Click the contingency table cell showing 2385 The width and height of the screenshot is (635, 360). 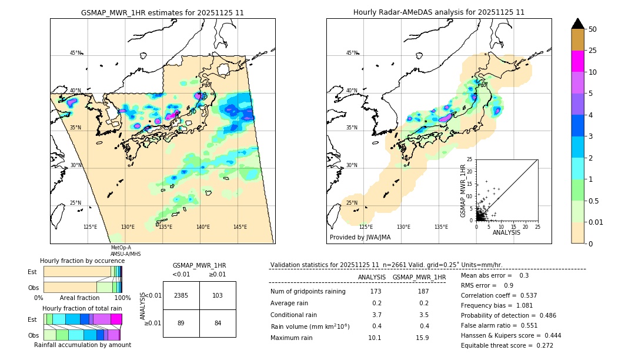181,295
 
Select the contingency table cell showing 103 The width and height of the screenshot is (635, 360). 218,295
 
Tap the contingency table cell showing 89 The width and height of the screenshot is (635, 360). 181,322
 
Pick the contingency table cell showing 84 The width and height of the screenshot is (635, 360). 218,322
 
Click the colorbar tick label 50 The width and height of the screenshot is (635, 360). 593,29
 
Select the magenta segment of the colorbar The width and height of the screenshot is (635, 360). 578,61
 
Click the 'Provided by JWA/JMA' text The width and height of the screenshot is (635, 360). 360,238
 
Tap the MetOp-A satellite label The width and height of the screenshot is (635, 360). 121,248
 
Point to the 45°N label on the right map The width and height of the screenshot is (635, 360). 352,53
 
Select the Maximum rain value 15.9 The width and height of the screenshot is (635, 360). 422,338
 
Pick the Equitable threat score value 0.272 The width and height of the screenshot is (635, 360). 542,345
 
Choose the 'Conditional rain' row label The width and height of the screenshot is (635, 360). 294,315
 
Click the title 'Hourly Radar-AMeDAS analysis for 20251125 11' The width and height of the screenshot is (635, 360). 439,12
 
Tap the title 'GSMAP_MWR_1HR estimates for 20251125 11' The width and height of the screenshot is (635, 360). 162,12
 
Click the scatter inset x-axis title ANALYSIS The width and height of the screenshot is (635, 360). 506,232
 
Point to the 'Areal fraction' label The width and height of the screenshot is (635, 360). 79,298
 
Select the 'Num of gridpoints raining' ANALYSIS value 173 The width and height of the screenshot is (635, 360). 376,292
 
